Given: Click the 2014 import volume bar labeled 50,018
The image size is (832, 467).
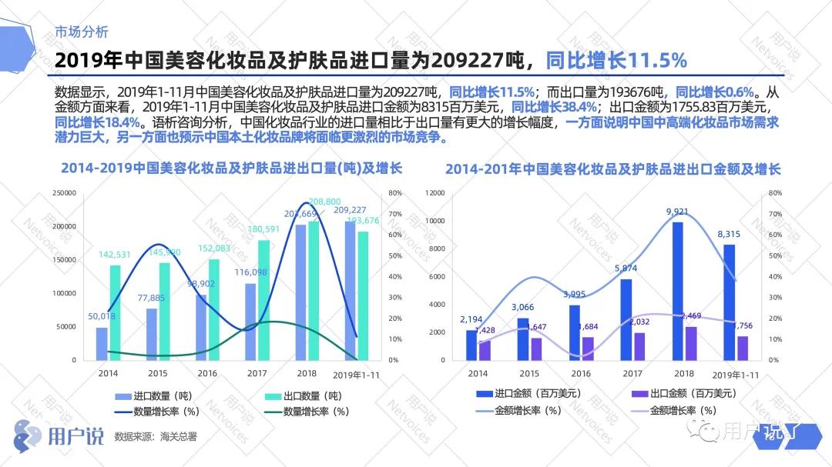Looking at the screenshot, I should (102, 344).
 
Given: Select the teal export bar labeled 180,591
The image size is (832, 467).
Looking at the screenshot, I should (264, 300).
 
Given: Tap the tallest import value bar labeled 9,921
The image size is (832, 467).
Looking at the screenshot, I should (677, 291).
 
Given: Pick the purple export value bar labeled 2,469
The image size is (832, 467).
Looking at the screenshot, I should (691, 343).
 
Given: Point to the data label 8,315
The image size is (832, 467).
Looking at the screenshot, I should (730, 234).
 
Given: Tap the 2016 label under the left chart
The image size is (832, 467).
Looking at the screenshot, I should (207, 373).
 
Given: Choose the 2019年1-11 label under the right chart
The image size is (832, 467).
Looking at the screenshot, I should (736, 375).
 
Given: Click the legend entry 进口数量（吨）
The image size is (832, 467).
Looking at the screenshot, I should (163, 395).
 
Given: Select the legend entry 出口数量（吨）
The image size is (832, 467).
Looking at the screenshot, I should (313, 395).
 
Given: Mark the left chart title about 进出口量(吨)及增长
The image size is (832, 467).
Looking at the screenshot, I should (231, 168).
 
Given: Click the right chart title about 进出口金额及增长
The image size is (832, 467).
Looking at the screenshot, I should (612, 168).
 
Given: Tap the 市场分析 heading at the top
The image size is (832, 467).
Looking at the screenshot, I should (82, 32).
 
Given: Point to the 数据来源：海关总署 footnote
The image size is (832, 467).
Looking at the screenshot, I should (156, 436).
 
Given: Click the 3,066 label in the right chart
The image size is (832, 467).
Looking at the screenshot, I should (528, 308).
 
